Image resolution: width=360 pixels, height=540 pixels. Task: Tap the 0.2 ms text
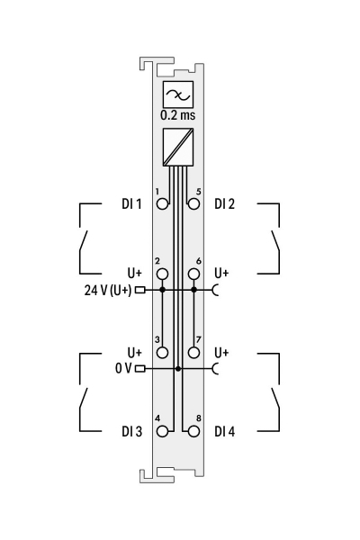click(x=178, y=115)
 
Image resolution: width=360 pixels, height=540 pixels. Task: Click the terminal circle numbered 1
click(x=162, y=204)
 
